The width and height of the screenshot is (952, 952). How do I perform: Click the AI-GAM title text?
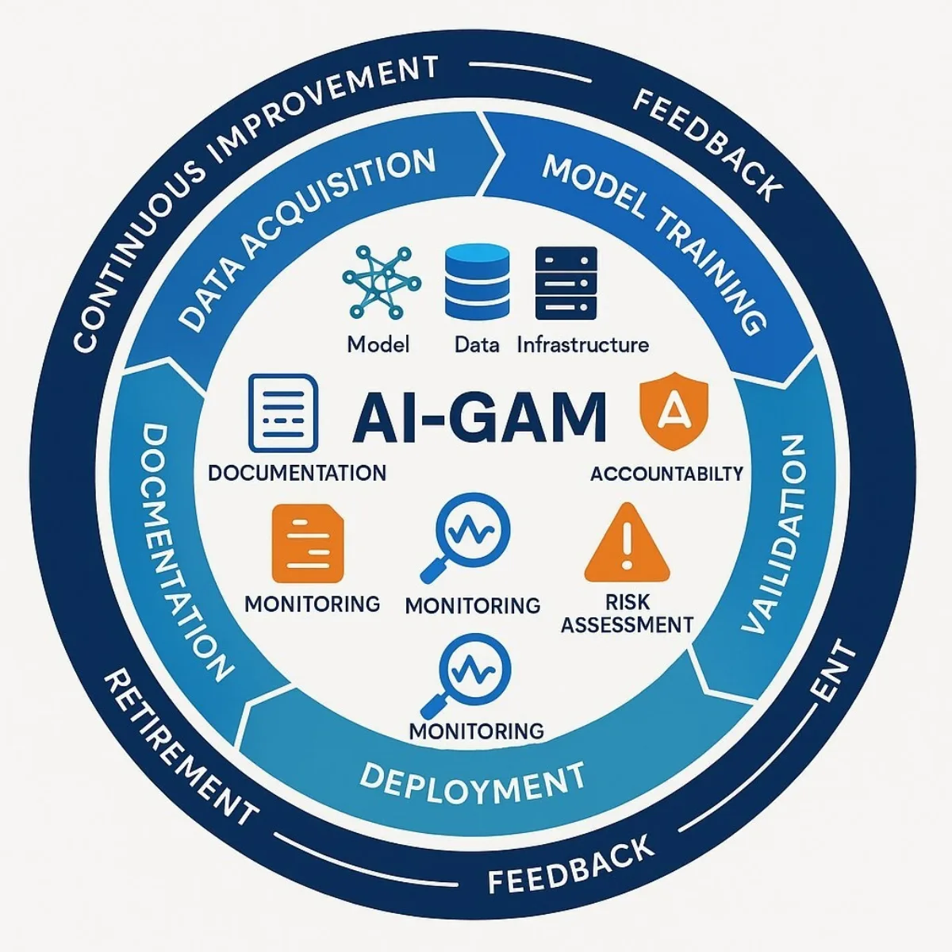479,416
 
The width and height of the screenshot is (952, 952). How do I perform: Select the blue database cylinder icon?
477,282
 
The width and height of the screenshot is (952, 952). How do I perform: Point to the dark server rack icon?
566,283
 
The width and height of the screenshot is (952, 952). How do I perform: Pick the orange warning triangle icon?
627,544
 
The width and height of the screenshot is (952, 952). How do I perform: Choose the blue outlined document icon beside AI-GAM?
283,413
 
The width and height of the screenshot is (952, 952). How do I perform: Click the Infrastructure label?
582,345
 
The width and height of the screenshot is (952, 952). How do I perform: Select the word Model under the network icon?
378,345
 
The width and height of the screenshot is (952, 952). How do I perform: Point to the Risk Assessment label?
627,613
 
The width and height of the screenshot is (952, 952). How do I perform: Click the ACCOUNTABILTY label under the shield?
666,474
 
